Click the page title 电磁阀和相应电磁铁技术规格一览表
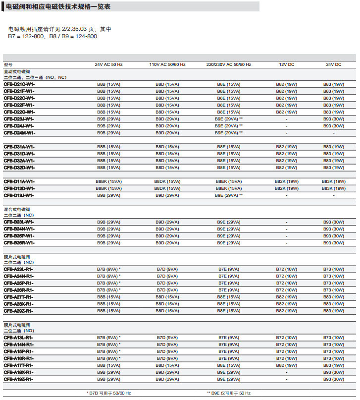point(58,6)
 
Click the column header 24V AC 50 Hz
point(108,64)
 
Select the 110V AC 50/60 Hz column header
point(167,64)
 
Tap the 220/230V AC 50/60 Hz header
point(229,64)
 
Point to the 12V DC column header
point(287,64)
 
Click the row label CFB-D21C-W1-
point(19,84)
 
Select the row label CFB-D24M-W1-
point(20,133)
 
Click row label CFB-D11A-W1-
point(19,181)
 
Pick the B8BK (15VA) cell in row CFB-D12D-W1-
point(108,188)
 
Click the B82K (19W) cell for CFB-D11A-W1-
point(287,181)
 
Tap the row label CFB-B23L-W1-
point(19,222)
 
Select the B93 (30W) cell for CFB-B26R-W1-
point(334,243)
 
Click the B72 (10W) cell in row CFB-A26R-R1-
point(287,290)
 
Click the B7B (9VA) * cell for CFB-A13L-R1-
point(109,338)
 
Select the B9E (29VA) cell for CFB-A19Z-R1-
point(229,379)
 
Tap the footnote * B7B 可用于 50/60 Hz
point(109,393)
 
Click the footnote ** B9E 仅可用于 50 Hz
point(229,393)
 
